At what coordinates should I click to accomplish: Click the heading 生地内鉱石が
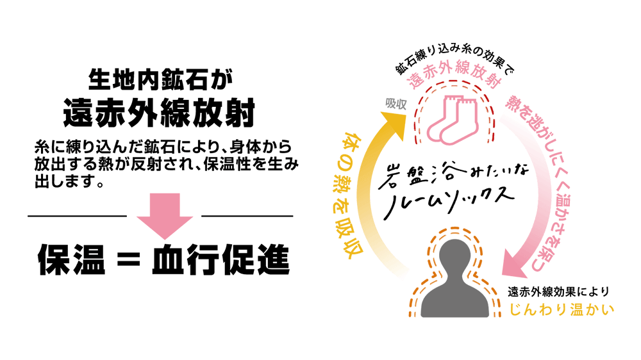click(160, 79)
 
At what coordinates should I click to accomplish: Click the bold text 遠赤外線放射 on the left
click(159, 113)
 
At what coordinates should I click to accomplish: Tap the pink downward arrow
click(165, 216)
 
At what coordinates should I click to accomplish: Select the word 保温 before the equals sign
click(72, 260)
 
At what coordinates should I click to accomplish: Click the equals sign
click(128, 261)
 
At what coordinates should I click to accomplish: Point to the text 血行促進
click(221, 260)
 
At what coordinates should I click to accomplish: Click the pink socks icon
click(453, 119)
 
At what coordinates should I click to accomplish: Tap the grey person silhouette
click(454, 278)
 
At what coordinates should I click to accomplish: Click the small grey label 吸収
click(395, 104)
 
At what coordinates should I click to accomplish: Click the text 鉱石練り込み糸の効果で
click(454, 60)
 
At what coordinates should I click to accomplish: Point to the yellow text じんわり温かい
click(562, 309)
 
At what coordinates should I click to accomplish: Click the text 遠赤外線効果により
click(558, 291)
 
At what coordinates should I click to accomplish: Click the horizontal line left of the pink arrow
click(78, 216)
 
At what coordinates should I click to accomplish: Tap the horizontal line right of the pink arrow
click(247, 216)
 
